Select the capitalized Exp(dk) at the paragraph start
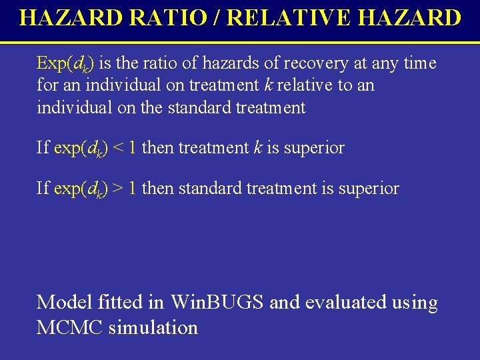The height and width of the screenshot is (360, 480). tap(65, 63)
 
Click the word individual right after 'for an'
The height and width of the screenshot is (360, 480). tap(123, 85)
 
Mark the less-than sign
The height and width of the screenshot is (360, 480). tap(117, 147)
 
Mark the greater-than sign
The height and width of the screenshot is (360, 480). tap(117, 189)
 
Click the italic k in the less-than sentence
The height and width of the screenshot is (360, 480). tap(257, 147)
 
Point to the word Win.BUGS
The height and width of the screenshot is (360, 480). tap(218, 302)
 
